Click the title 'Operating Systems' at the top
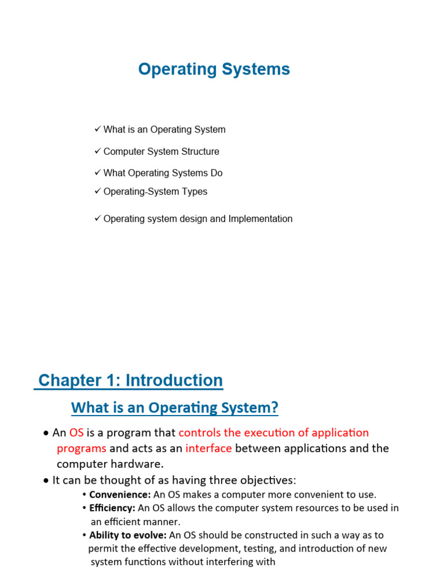(214, 69)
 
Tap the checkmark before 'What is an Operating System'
(97, 129)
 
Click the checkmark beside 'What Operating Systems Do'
(97, 173)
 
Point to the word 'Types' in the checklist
(195, 191)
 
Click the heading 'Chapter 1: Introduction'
(130, 381)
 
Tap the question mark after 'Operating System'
(274, 408)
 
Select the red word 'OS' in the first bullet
(76, 432)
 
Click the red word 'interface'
(209, 448)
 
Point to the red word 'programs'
(81, 448)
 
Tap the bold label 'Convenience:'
(120, 494)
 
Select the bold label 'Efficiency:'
(112, 508)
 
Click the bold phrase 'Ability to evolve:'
(128, 535)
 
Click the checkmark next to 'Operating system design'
(97, 218)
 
